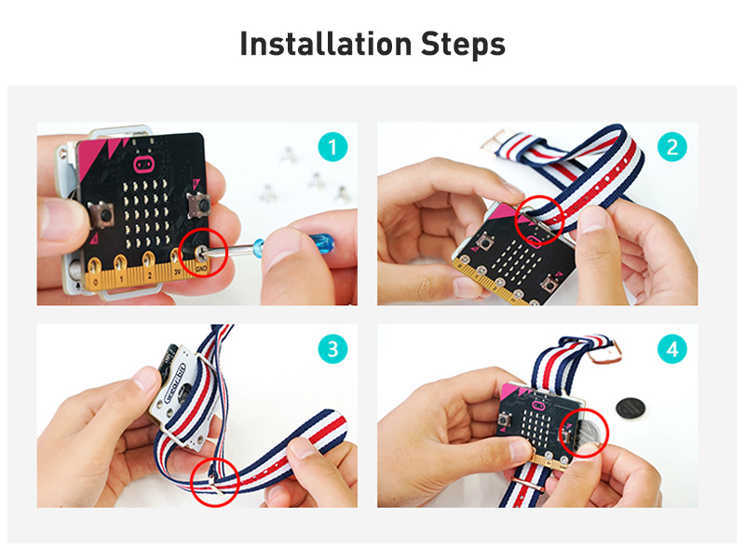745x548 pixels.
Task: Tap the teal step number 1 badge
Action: pyautogui.click(x=332, y=147)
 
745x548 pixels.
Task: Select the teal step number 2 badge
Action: pyautogui.click(x=672, y=147)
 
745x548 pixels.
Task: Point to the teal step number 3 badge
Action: pyautogui.click(x=332, y=350)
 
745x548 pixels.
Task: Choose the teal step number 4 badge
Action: pyautogui.click(x=672, y=350)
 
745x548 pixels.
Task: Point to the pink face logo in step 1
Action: pyautogui.click(x=144, y=166)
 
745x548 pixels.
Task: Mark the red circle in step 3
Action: pyautogui.click(x=214, y=478)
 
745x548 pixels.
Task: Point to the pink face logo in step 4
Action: pyautogui.click(x=538, y=405)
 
